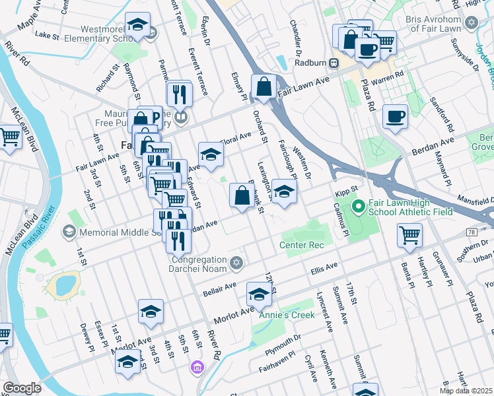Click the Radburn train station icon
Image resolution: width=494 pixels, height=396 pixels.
tap(334, 63)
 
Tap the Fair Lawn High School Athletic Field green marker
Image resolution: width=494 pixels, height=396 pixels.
tap(359, 207)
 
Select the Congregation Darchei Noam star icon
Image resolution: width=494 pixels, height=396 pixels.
tap(237, 264)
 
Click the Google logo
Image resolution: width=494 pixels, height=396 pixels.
tap(22, 388)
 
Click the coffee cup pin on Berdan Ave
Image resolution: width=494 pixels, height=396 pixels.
tap(395, 116)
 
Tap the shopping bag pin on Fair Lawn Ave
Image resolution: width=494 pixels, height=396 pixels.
tap(264, 86)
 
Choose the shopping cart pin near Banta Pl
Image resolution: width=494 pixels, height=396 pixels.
tap(409, 234)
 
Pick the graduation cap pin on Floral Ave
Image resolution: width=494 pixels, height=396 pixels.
tap(211, 154)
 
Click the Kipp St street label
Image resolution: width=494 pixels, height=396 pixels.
tap(346, 191)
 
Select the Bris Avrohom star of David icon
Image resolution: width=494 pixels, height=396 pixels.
tap(471, 23)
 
